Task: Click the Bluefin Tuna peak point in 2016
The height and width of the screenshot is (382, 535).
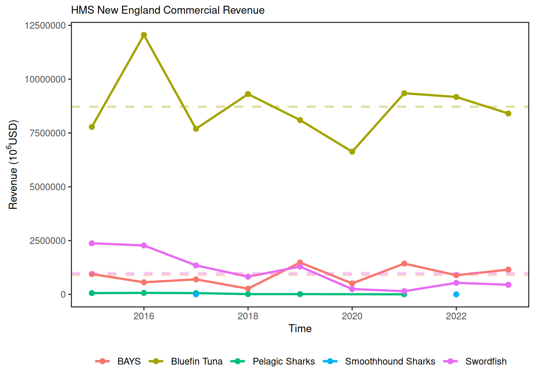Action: click(144, 35)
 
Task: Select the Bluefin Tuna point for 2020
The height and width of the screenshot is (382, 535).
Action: click(352, 152)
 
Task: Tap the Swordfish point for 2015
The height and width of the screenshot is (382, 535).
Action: click(92, 243)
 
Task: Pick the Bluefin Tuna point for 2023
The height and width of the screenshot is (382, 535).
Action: click(508, 113)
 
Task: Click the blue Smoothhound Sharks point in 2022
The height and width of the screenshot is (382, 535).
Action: click(456, 294)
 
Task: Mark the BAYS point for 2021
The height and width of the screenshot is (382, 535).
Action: click(404, 263)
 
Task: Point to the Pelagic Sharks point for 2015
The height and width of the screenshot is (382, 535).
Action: click(92, 293)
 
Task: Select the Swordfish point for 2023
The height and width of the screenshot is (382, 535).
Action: click(508, 285)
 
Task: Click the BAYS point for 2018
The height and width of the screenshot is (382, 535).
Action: click(248, 289)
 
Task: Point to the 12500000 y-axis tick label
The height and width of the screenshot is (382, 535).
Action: click(45, 25)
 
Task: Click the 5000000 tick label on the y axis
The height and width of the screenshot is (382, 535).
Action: click(47, 187)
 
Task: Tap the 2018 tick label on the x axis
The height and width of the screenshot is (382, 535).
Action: click(248, 316)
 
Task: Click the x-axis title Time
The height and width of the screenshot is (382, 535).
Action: click(300, 329)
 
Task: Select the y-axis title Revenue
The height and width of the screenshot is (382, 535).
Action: click(13, 164)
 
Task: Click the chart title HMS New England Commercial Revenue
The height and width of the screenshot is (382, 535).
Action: click(168, 10)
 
